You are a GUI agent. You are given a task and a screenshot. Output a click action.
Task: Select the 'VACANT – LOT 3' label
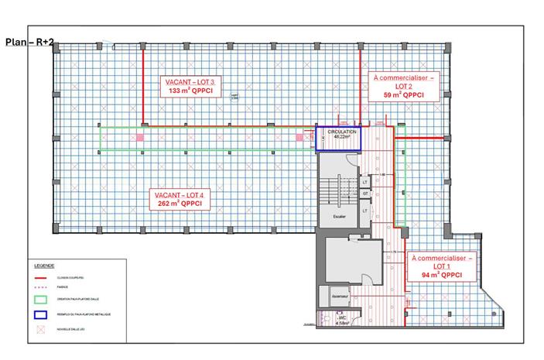(x=190, y=81)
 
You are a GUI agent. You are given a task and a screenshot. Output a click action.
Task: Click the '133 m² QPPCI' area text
(x=190, y=91)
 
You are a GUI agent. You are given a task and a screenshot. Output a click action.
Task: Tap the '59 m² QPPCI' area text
(x=404, y=95)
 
